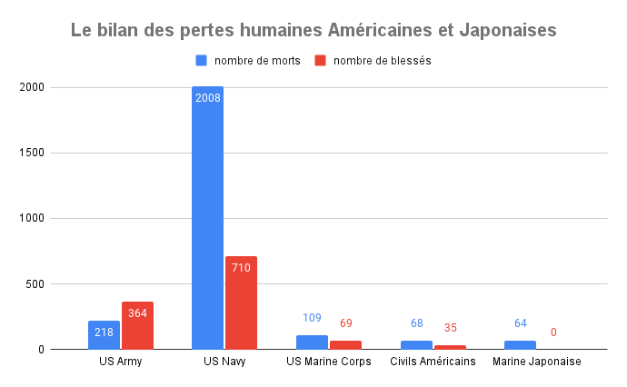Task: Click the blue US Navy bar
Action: click(x=207, y=218)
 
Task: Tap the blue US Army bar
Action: click(x=104, y=335)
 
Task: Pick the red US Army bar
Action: click(x=137, y=325)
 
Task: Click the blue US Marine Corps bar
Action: click(x=312, y=342)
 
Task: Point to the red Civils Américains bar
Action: click(x=450, y=347)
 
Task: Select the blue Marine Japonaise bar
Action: click(x=520, y=345)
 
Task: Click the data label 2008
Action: click(x=207, y=96)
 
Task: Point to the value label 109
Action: click(x=312, y=318)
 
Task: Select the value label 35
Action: click(x=450, y=328)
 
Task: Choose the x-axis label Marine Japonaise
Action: click(x=536, y=362)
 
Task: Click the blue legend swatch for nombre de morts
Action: click(x=202, y=61)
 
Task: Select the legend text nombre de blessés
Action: click(x=382, y=61)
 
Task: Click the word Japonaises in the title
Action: click(x=506, y=30)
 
